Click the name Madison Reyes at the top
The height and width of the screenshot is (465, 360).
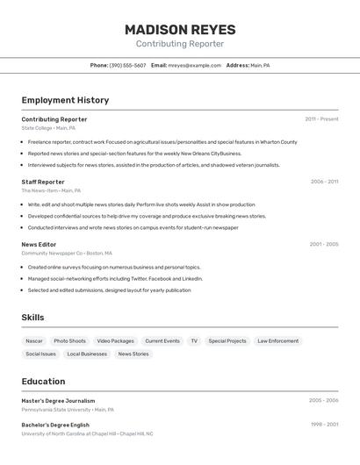click(179, 29)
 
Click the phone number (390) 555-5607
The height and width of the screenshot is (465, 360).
click(127, 65)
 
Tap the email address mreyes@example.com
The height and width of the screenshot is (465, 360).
click(195, 65)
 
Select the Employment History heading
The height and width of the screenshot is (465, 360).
click(65, 101)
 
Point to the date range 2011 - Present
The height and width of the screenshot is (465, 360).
click(321, 119)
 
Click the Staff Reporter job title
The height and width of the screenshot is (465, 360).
click(43, 182)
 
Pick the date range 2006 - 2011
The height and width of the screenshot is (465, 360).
click(324, 182)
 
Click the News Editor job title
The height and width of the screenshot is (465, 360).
click(39, 244)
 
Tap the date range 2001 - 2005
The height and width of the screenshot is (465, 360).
click(324, 244)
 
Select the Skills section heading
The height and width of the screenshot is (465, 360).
click(32, 317)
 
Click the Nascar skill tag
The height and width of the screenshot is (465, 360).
click(34, 340)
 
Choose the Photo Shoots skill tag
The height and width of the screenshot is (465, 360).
click(69, 340)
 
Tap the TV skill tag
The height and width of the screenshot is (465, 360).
click(194, 340)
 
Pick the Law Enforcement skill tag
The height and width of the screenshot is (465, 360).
click(277, 340)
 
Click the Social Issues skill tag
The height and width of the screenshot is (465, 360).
click(40, 354)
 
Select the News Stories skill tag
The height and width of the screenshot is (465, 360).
click(133, 354)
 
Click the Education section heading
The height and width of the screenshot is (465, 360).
click(43, 382)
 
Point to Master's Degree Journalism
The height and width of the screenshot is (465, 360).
click(58, 400)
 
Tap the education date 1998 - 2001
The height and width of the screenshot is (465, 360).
click(324, 425)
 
